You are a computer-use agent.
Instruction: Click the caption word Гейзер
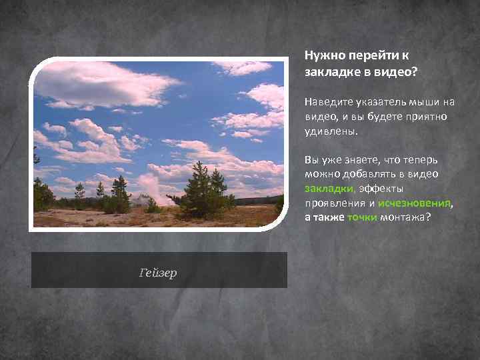[158, 273]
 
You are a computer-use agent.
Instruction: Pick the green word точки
[362, 217]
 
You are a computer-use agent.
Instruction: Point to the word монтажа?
[405, 217]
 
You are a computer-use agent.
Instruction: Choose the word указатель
[375, 102]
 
